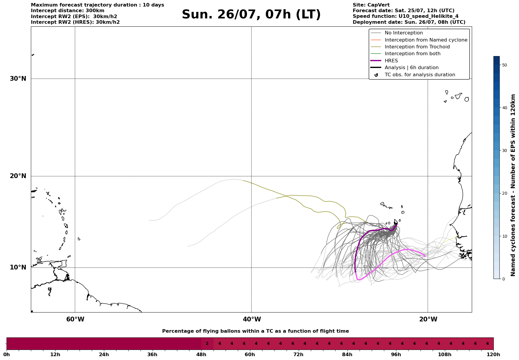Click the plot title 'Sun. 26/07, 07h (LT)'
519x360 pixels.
[x=251, y=15]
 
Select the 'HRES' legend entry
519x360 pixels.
[x=391, y=61]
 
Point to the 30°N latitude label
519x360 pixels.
[x=18, y=79]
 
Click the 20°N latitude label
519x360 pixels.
[x=18, y=176]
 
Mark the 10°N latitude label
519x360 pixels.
[x=18, y=267]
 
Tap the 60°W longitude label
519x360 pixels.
[x=75, y=319]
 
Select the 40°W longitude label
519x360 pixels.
[x=252, y=319]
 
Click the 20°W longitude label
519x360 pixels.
[x=428, y=319]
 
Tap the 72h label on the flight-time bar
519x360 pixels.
[x=298, y=355]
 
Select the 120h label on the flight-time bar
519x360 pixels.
[x=493, y=355]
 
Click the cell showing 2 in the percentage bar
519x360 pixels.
[x=207, y=344]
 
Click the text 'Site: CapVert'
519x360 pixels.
[x=371, y=5]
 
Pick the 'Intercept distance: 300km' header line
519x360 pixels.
[x=68, y=11]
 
